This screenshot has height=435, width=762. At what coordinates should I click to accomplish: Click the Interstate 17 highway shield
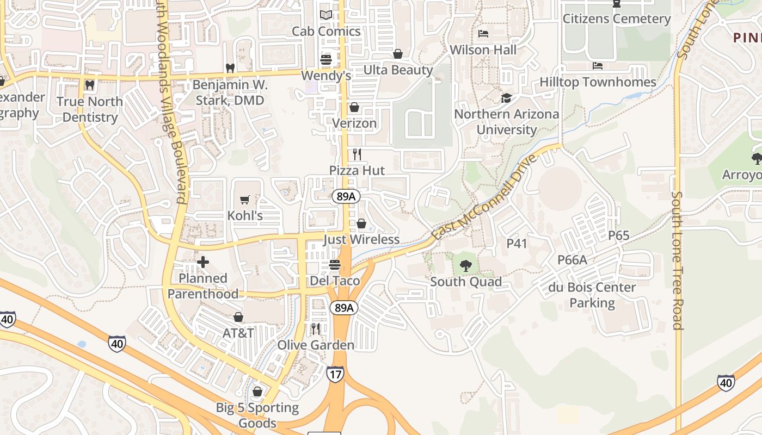click(335, 374)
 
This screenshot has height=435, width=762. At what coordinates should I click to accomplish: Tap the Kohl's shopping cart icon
click(245, 200)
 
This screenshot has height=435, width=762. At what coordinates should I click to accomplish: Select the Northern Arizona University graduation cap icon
click(506, 98)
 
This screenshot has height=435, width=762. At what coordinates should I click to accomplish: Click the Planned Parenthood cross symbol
click(203, 263)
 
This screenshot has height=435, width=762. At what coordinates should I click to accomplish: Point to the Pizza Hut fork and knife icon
click(357, 154)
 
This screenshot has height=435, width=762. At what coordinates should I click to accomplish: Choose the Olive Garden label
click(316, 345)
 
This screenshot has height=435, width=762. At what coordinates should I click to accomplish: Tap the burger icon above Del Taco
click(335, 265)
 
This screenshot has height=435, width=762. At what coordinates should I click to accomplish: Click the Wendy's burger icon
click(326, 60)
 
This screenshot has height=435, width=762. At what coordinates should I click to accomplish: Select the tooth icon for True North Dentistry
click(90, 85)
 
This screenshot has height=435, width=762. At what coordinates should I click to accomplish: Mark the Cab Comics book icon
click(326, 15)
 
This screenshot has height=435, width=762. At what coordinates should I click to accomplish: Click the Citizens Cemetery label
click(616, 19)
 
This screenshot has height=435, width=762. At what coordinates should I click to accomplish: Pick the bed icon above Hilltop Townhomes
click(598, 66)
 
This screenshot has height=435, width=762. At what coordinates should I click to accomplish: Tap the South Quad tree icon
click(465, 266)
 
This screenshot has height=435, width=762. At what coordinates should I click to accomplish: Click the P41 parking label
click(517, 244)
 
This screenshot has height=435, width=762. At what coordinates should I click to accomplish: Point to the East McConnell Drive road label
click(484, 197)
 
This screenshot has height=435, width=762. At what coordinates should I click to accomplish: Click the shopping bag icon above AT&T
click(238, 317)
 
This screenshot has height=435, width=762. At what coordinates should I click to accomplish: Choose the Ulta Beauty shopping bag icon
click(398, 54)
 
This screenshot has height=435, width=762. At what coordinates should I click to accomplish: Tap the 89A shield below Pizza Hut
click(346, 197)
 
